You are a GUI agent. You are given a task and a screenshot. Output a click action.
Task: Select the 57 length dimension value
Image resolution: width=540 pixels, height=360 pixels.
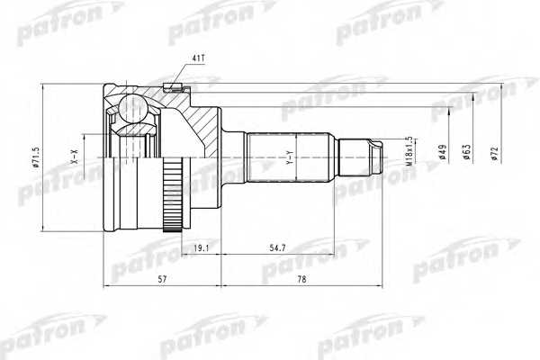(x=161, y=279)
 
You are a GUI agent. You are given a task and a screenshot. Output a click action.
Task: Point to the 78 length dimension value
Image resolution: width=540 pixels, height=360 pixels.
(x=303, y=279)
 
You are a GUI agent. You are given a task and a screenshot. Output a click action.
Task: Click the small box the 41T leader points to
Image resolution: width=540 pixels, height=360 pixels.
(x=175, y=87)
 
